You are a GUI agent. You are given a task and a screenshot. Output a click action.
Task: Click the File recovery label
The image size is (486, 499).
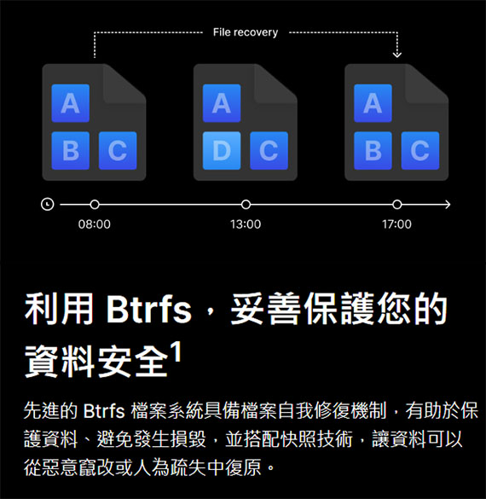[246, 32]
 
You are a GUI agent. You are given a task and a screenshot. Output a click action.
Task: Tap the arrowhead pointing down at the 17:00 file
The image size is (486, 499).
[397, 55]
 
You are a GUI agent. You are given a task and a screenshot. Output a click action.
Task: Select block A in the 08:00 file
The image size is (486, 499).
[70, 103]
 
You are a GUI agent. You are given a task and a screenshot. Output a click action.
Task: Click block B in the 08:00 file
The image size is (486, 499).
[70, 150]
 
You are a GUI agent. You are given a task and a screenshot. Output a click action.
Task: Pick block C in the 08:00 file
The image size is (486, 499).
[118, 150]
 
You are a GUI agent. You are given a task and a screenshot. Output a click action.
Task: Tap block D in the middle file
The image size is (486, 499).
[222, 150]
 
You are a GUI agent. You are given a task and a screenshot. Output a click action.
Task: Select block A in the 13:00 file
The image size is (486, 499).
[222, 103]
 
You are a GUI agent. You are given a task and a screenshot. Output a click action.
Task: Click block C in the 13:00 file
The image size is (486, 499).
[269, 150]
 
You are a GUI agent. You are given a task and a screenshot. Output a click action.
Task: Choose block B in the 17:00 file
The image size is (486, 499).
[373, 150]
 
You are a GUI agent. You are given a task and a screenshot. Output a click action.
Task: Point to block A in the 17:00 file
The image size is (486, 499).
[373, 103]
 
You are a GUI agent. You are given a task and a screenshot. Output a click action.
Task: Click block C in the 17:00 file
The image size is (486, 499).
[420, 150]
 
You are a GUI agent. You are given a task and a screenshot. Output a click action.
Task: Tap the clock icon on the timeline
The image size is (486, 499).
[48, 204]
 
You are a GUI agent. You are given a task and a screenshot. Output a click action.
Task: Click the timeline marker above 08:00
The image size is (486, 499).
[95, 205]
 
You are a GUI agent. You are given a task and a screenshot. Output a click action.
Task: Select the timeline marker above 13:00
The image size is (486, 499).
[246, 205]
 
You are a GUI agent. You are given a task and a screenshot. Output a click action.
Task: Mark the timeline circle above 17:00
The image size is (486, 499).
[397, 205]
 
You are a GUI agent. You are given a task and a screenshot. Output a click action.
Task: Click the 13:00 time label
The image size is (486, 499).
[246, 224]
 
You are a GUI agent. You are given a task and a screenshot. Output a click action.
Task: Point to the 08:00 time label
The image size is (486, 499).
[95, 224]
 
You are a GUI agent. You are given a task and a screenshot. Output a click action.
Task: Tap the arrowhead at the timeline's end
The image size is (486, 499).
[448, 205]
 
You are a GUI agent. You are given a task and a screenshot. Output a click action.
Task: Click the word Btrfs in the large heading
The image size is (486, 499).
[148, 309]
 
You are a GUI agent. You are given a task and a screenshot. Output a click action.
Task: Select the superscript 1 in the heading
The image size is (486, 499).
[176, 351]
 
